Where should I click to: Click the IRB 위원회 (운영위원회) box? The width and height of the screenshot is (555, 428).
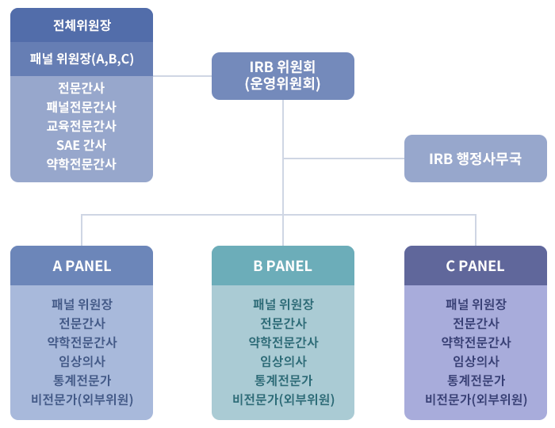[283, 75]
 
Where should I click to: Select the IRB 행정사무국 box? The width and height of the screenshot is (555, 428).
[475, 158]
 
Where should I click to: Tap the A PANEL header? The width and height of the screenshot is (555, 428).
[82, 266]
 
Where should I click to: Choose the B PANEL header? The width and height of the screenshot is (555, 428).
[282, 266]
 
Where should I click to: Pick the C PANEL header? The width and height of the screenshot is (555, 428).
[475, 266]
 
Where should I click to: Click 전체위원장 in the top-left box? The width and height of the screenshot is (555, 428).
[81, 25]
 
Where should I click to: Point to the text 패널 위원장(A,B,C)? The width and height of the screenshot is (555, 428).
[81, 59]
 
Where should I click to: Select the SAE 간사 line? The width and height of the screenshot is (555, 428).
[81, 145]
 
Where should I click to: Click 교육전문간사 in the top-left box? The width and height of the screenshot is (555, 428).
[81, 126]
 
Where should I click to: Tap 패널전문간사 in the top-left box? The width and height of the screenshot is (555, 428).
[81, 107]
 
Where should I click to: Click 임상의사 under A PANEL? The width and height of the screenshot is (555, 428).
[82, 361]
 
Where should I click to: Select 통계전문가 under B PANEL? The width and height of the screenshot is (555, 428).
[283, 380]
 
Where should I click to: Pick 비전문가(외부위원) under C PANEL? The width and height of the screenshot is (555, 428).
[476, 399]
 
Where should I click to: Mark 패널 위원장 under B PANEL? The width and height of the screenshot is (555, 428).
[283, 304]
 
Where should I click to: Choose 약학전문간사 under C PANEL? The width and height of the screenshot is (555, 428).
[476, 342]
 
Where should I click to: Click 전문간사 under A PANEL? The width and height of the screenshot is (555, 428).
[82, 323]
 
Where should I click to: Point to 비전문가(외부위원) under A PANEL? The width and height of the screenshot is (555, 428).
[82, 399]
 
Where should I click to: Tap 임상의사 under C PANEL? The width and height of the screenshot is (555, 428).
[476, 361]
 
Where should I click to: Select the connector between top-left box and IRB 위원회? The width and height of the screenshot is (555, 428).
[182, 76]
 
